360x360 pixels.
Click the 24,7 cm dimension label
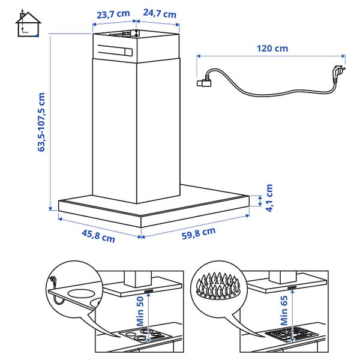160,13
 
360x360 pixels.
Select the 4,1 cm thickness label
269,198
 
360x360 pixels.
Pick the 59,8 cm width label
198,234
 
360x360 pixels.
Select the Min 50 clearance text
140,311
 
